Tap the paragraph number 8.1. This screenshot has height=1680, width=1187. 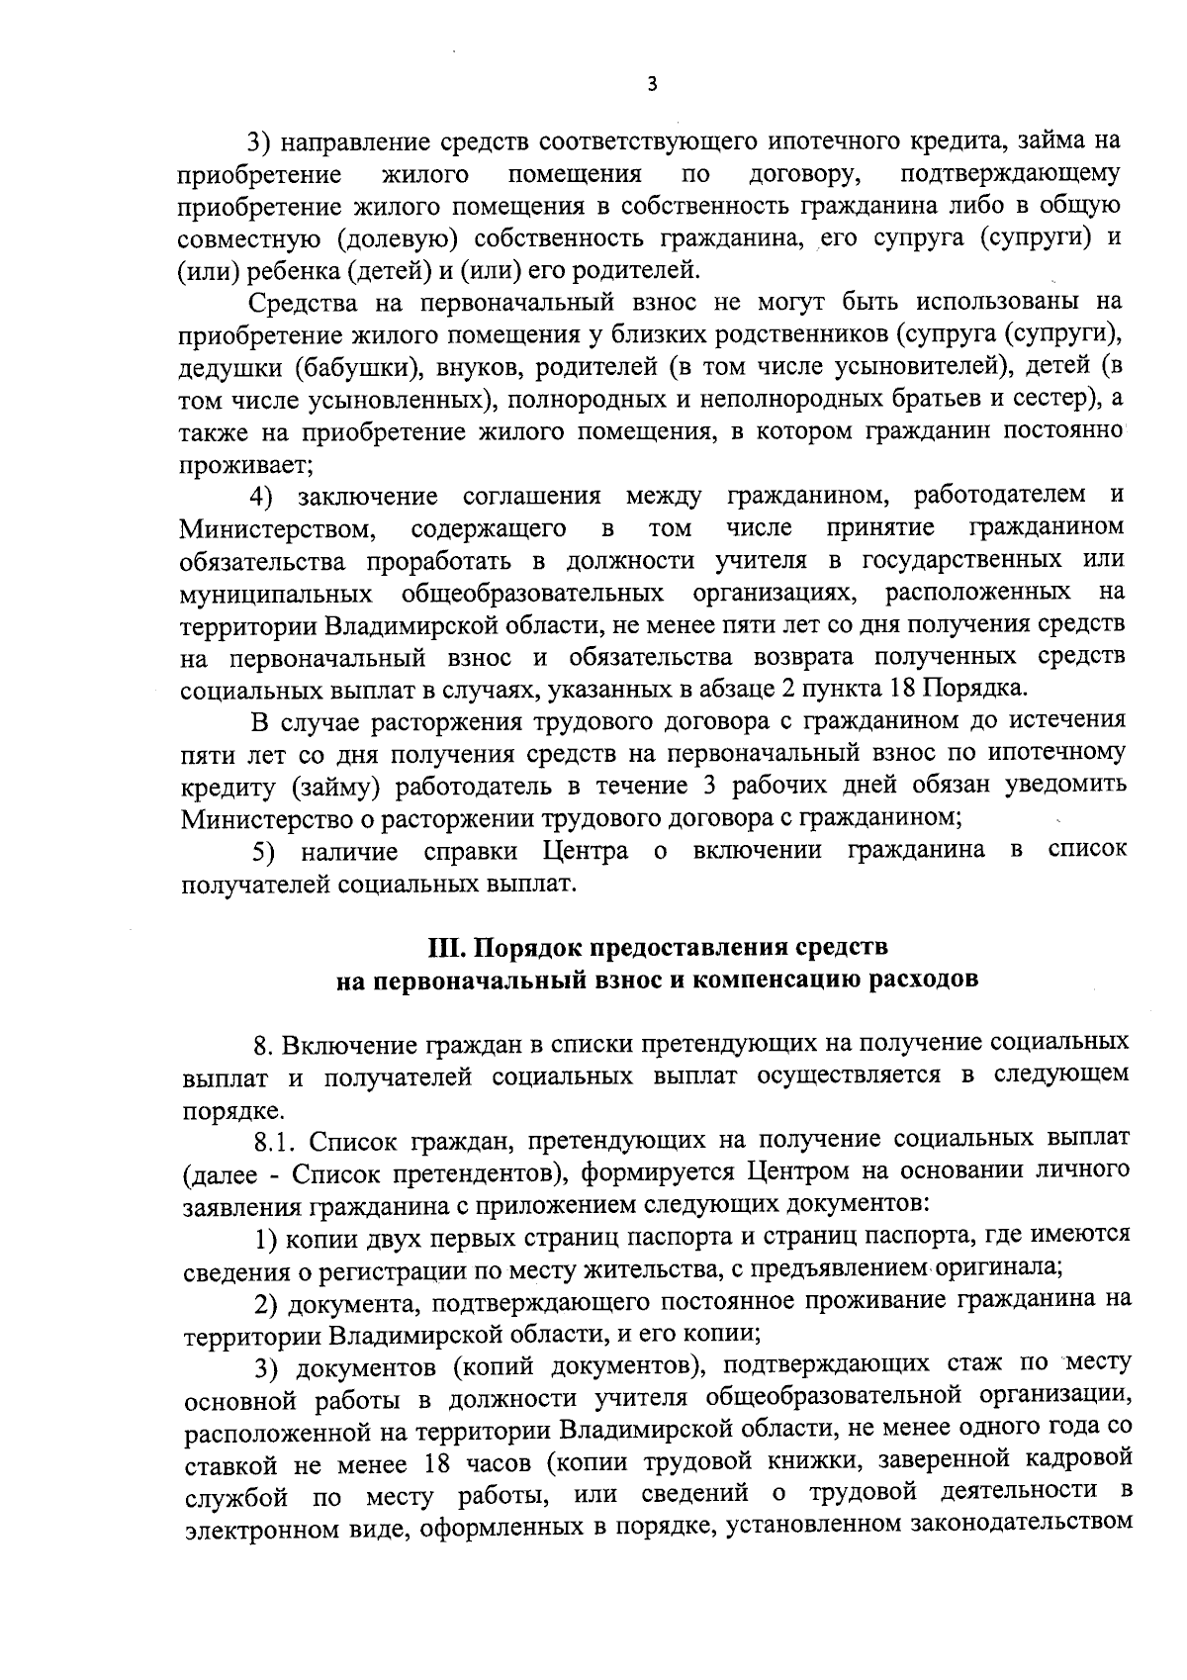277,1140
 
